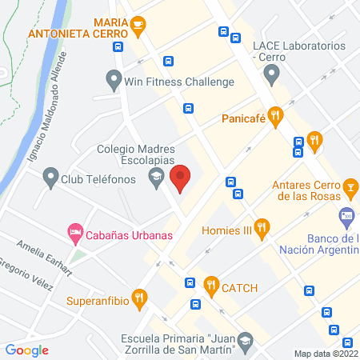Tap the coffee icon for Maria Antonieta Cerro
(138, 24)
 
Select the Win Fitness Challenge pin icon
(113, 81)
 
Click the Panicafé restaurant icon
(275, 118)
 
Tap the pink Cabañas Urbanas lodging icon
(74, 234)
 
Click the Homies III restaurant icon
(260, 229)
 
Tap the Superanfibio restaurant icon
(138, 298)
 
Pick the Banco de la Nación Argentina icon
(347, 215)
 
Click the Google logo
(26, 349)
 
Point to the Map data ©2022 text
(326, 353)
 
